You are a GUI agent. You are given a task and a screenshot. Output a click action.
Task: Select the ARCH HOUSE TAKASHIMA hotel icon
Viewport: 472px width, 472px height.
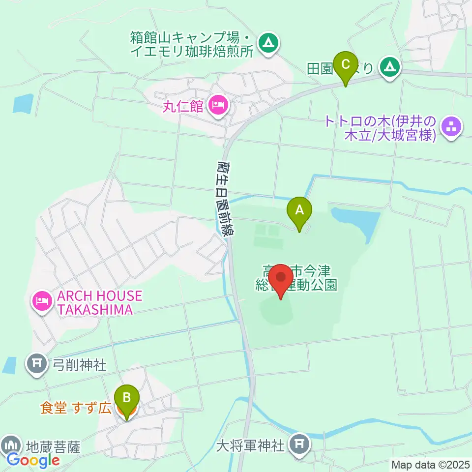click(42, 300)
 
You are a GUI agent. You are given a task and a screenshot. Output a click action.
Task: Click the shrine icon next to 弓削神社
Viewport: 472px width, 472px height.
click(37, 365)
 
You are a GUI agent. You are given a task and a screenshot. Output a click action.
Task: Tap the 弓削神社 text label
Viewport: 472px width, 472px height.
click(79, 365)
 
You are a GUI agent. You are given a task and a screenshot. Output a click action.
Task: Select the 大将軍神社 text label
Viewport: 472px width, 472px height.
click(250, 446)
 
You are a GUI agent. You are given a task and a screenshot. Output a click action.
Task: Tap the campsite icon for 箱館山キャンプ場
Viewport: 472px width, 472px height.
click(268, 43)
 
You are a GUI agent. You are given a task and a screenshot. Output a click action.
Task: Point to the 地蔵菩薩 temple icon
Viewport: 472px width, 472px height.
click(11, 445)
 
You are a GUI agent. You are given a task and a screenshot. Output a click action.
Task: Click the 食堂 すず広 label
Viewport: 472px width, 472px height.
click(75, 408)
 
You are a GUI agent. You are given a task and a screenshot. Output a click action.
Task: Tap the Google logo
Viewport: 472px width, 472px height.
click(33, 461)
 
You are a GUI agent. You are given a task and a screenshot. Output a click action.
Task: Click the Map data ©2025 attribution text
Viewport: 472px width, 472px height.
click(431, 465)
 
